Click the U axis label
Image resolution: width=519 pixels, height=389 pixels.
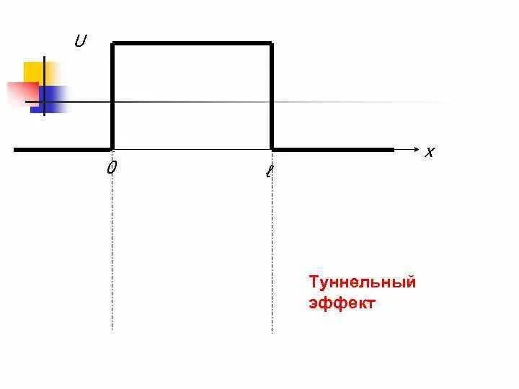pos(80,42)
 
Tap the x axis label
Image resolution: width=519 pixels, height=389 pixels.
pos(430,152)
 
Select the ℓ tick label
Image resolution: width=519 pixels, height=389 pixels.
pos(269,171)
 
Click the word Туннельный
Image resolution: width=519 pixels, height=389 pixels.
pos(362,282)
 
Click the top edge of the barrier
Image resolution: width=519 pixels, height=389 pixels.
pos(192,44)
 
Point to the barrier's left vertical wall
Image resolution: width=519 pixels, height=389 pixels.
pos(112,97)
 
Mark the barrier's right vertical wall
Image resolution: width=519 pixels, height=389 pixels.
pos(272,97)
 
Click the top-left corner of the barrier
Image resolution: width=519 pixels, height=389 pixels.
pos(112,44)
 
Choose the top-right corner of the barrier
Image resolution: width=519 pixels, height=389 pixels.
pos(272,44)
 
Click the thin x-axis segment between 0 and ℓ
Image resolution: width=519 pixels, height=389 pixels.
pos(192,150)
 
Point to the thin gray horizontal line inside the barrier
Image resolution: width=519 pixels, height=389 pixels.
pos(192,102)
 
